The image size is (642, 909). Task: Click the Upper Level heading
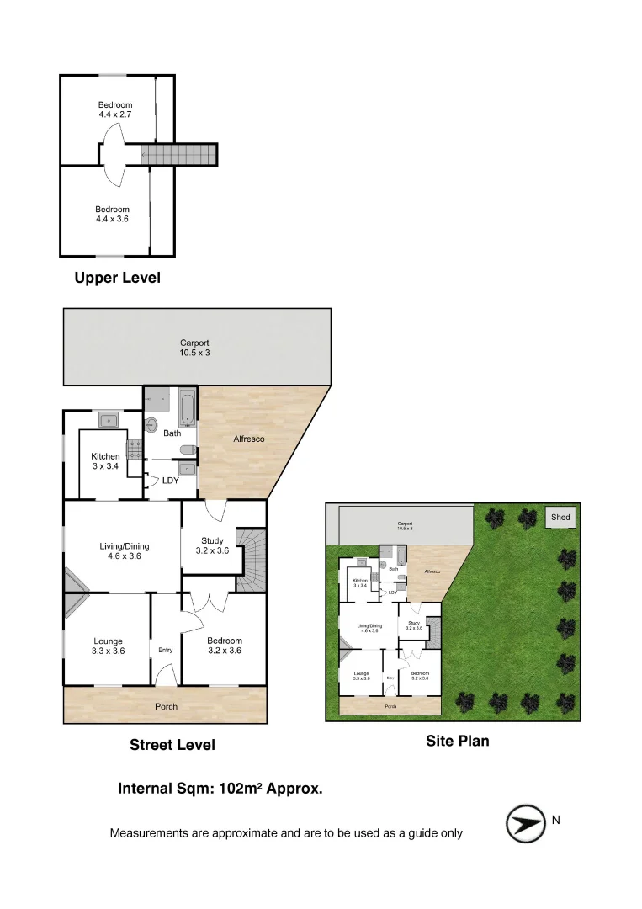[117, 278]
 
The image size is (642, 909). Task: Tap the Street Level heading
[172, 745]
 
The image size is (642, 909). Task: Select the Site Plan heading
[458, 742]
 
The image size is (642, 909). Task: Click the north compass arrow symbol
[527, 823]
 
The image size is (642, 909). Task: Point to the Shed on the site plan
[560, 517]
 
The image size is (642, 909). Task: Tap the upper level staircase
[178, 155]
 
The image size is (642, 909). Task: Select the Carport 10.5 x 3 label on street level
[194, 348]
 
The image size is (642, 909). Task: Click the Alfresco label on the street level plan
[249, 439]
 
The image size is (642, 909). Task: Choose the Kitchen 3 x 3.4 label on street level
[106, 461]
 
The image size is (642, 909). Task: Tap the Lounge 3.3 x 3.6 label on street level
[108, 646]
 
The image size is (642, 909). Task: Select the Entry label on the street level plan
[166, 650]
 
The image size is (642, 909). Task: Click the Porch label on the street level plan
[167, 706]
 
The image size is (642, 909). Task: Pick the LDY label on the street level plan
[171, 481]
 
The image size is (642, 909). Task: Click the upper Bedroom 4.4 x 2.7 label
[115, 109]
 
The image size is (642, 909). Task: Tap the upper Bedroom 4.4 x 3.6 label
[112, 214]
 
